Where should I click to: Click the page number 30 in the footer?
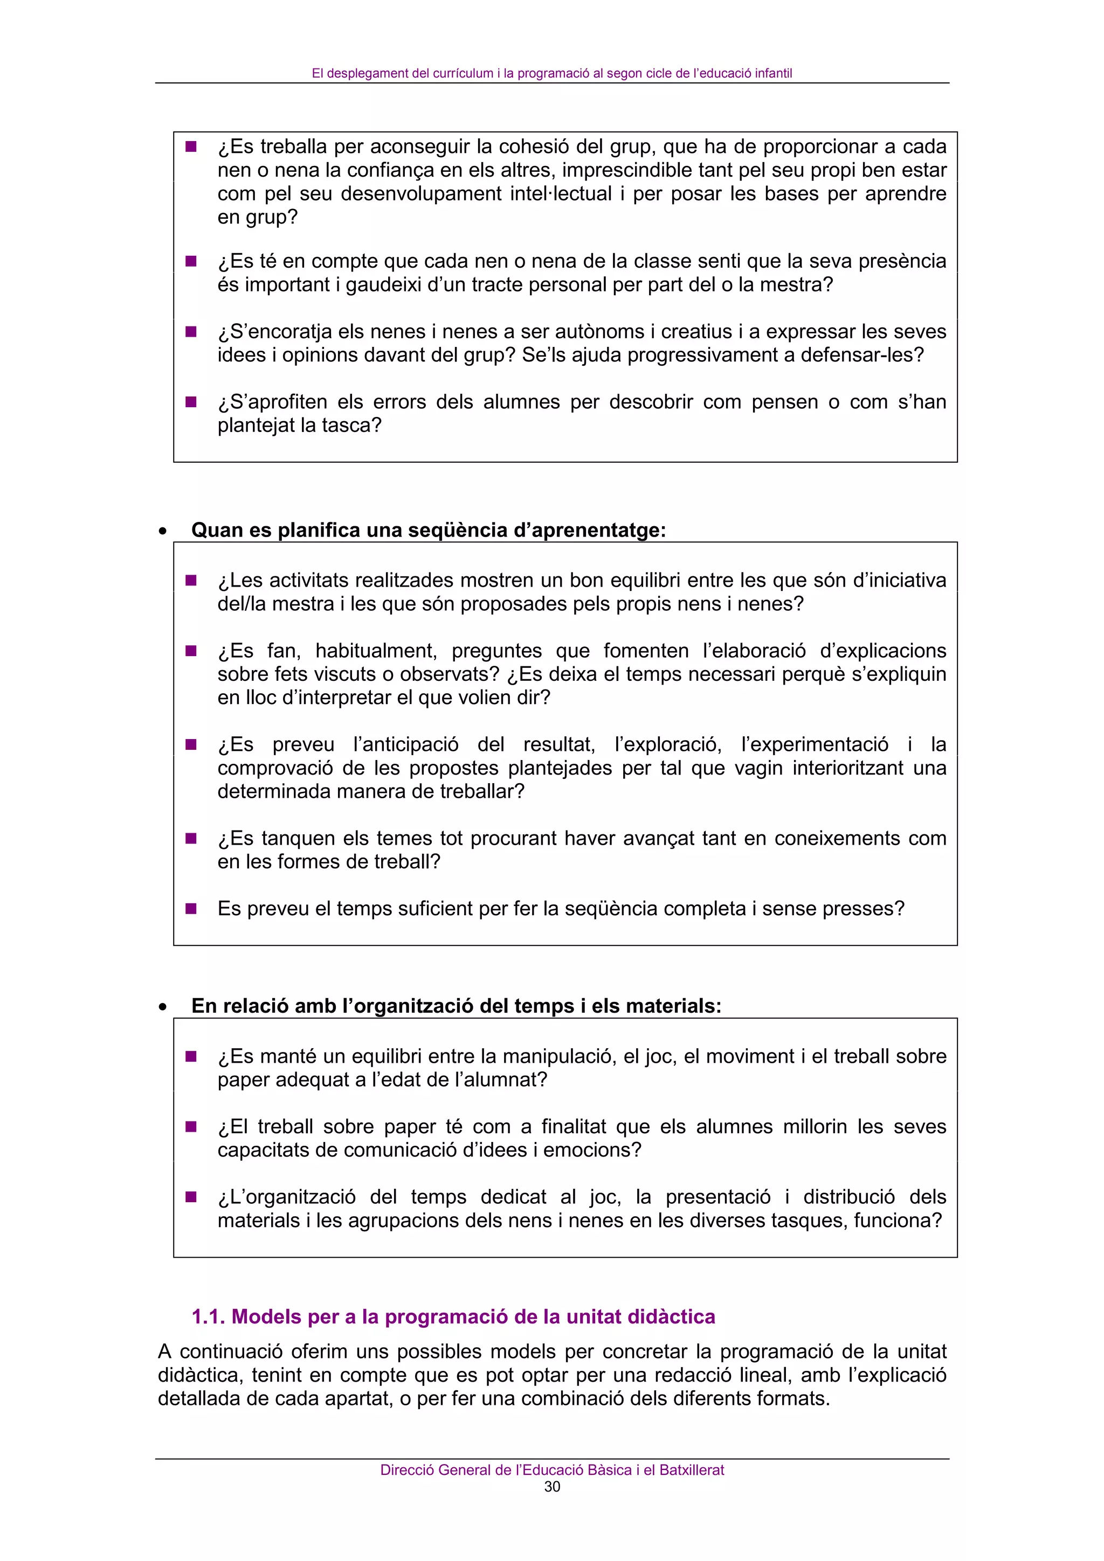click(551, 1487)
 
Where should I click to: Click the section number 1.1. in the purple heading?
click(208, 1317)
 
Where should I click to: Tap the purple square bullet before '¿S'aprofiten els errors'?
click(191, 402)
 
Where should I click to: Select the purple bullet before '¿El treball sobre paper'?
click(191, 1126)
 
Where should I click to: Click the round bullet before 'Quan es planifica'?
click(162, 532)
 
